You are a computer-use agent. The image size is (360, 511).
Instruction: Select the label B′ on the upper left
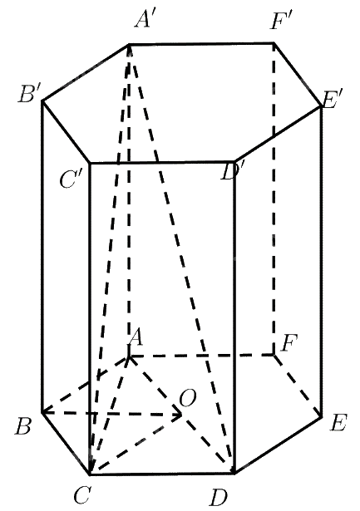29,95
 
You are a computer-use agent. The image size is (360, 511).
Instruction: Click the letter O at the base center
188,398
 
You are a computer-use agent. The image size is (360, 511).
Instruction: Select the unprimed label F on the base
288,343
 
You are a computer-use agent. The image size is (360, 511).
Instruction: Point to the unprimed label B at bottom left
23,426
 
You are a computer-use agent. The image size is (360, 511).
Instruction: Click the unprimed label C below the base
81,495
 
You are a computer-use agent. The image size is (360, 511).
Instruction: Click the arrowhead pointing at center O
178,415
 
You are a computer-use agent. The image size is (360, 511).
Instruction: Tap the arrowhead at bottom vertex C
92,466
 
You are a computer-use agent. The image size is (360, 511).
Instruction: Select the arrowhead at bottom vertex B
47,413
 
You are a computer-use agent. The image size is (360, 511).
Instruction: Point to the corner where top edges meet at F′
274,42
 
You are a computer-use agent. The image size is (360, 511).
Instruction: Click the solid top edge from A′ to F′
201,43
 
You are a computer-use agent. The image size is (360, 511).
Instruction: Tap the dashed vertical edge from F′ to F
274,199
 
